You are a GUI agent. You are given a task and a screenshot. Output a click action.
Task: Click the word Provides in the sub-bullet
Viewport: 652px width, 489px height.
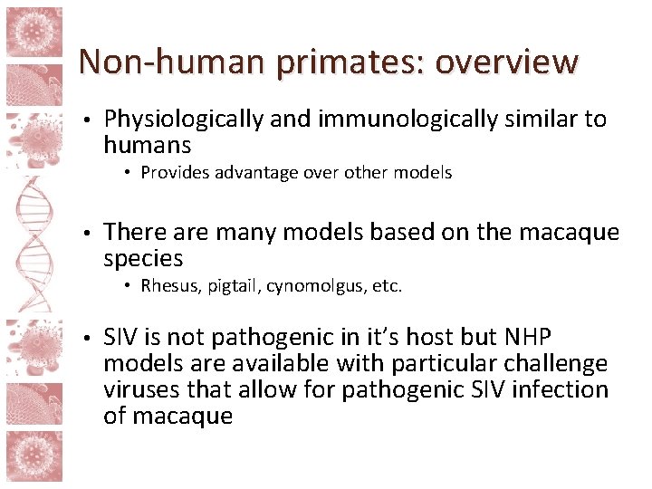pyautogui.click(x=176, y=172)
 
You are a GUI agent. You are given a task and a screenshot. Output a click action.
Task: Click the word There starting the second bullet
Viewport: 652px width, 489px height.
pyautogui.click(x=132, y=233)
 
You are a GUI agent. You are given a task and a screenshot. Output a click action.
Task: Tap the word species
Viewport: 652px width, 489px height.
pyautogui.click(x=143, y=259)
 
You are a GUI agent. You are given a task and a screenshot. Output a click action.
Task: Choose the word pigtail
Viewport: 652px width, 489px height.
pyautogui.click(x=235, y=286)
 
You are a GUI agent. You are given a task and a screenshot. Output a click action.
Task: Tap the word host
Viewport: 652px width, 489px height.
pyautogui.click(x=428, y=338)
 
